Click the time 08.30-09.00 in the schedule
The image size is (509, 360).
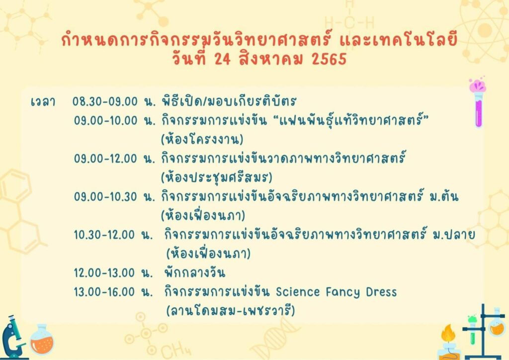[x=105, y=101]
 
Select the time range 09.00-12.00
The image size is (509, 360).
[x=105, y=159]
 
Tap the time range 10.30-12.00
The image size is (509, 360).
[x=104, y=235]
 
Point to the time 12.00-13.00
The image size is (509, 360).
[x=104, y=272]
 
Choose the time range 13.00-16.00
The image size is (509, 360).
[x=104, y=292]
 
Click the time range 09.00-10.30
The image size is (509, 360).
[x=105, y=197]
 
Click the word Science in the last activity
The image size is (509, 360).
[x=298, y=292]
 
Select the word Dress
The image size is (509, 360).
[x=381, y=292]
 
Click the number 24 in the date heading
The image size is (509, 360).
[x=222, y=59]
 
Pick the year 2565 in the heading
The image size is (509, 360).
[x=329, y=59]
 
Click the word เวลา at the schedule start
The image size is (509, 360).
[x=43, y=101]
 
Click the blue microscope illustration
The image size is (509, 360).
[x=13, y=338]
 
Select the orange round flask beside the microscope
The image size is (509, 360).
[x=42, y=339]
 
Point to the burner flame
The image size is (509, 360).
[x=448, y=333]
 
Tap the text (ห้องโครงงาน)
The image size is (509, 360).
[x=202, y=140]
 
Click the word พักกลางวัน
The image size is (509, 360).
[x=195, y=272]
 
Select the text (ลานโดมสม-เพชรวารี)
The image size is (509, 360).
[x=231, y=311]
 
